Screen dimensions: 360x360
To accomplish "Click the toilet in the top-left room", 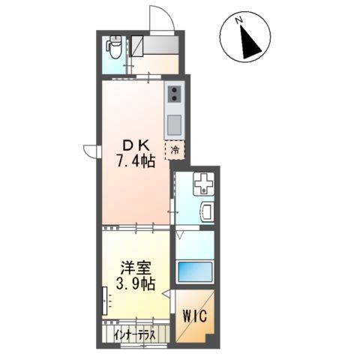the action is (114, 46).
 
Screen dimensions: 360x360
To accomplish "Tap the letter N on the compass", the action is (239, 19).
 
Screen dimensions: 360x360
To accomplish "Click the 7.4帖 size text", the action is (135, 161).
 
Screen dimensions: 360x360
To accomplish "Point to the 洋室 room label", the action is (136, 268).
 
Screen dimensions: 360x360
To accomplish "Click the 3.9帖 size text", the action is (135, 283).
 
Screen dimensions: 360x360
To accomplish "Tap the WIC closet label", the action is (195, 316).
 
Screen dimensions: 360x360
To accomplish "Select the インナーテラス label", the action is (134, 335).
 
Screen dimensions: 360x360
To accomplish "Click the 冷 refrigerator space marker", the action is (175, 150).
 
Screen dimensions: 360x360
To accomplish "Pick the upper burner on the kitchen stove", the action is (174, 90).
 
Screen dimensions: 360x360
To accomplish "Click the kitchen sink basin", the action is (174, 124).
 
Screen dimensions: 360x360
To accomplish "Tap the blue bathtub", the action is (194, 271).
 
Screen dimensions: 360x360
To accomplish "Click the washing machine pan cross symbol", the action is (204, 184).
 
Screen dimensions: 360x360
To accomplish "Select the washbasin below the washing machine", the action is (207, 212).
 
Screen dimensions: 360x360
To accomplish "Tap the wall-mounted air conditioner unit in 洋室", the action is (105, 301).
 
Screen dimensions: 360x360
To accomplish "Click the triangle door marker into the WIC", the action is (166, 294).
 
